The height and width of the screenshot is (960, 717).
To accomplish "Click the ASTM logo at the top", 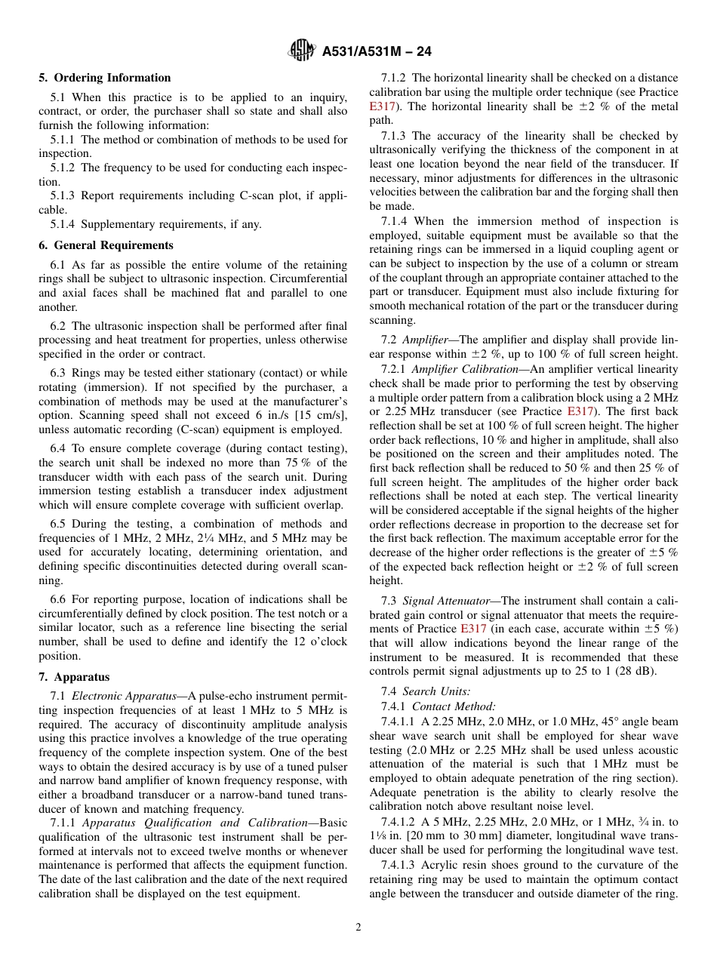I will coord(302,51).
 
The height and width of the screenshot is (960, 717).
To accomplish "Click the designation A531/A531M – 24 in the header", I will coord(376,52).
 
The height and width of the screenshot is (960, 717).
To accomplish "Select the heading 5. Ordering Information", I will coord(105,78).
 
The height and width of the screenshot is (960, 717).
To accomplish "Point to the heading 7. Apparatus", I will coord(74,677).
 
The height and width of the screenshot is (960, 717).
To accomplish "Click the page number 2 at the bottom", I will coord(358,928).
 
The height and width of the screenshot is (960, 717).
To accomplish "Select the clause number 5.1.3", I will coord(64,195).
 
